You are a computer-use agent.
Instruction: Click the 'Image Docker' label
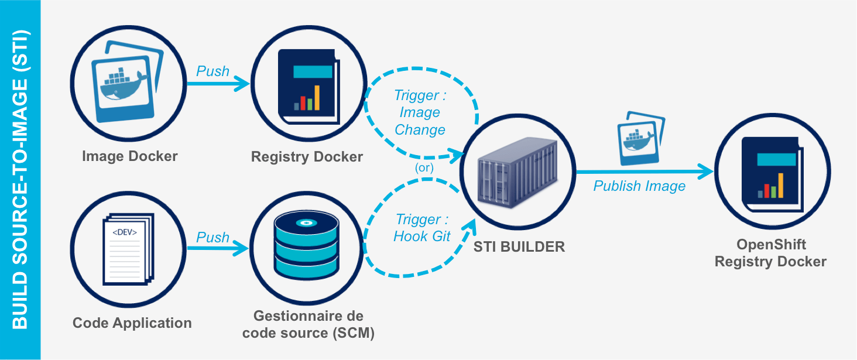(129, 156)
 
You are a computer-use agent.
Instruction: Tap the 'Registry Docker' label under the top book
(307, 157)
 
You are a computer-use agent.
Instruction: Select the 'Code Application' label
(132, 323)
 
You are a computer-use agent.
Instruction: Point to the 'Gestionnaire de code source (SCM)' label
(308, 325)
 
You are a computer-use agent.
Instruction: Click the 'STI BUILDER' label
(519, 246)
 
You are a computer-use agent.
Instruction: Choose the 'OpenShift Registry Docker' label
(770, 253)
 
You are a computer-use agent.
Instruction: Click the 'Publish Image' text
(639, 186)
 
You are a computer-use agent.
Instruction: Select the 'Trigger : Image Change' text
(420, 112)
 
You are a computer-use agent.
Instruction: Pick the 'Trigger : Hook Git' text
(422, 228)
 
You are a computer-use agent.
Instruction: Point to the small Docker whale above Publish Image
(640, 138)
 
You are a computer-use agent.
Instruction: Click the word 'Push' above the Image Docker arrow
(212, 71)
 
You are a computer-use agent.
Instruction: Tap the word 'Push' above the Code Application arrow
(212, 237)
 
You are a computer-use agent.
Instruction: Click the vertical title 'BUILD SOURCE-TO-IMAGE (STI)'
(20, 180)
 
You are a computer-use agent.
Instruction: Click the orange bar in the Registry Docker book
(317, 98)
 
